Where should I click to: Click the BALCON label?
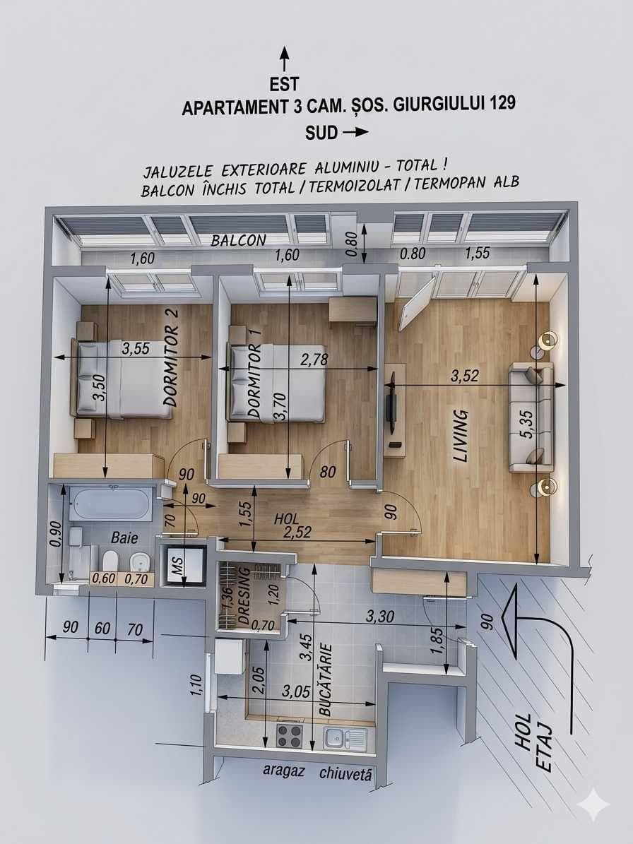coord(238,239)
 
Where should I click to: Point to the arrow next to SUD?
coord(357,132)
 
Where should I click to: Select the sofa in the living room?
coord(531,417)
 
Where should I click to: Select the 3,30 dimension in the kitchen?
coord(380,615)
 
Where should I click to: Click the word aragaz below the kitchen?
coord(284,771)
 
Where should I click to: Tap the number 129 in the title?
coord(499,105)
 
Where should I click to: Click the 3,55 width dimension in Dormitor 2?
coord(136,347)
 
